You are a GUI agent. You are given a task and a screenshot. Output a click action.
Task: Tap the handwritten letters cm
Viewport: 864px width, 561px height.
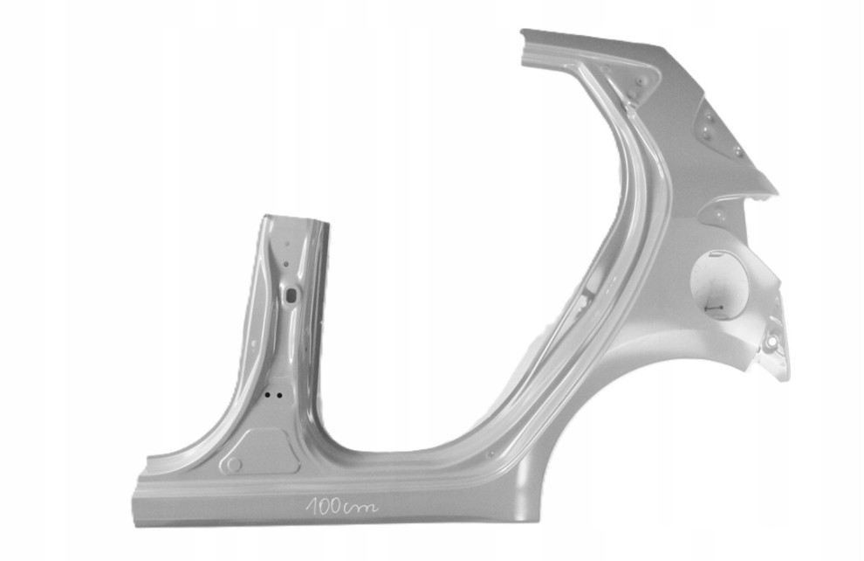tap(360, 507)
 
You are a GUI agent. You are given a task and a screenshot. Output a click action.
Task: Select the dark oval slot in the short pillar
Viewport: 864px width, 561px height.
tap(291, 295)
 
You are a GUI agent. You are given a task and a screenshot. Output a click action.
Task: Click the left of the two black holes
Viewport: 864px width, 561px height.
tap(268, 395)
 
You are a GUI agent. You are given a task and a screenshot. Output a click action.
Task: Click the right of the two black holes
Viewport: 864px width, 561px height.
tap(279, 396)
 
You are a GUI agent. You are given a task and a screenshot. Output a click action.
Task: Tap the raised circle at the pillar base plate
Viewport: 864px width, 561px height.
tap(235, 465)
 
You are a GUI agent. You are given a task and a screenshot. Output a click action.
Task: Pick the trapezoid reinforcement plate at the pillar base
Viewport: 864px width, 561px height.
tap(259, 452)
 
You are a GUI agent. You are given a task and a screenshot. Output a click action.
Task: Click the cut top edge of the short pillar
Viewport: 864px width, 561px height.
tap(297, 218)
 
